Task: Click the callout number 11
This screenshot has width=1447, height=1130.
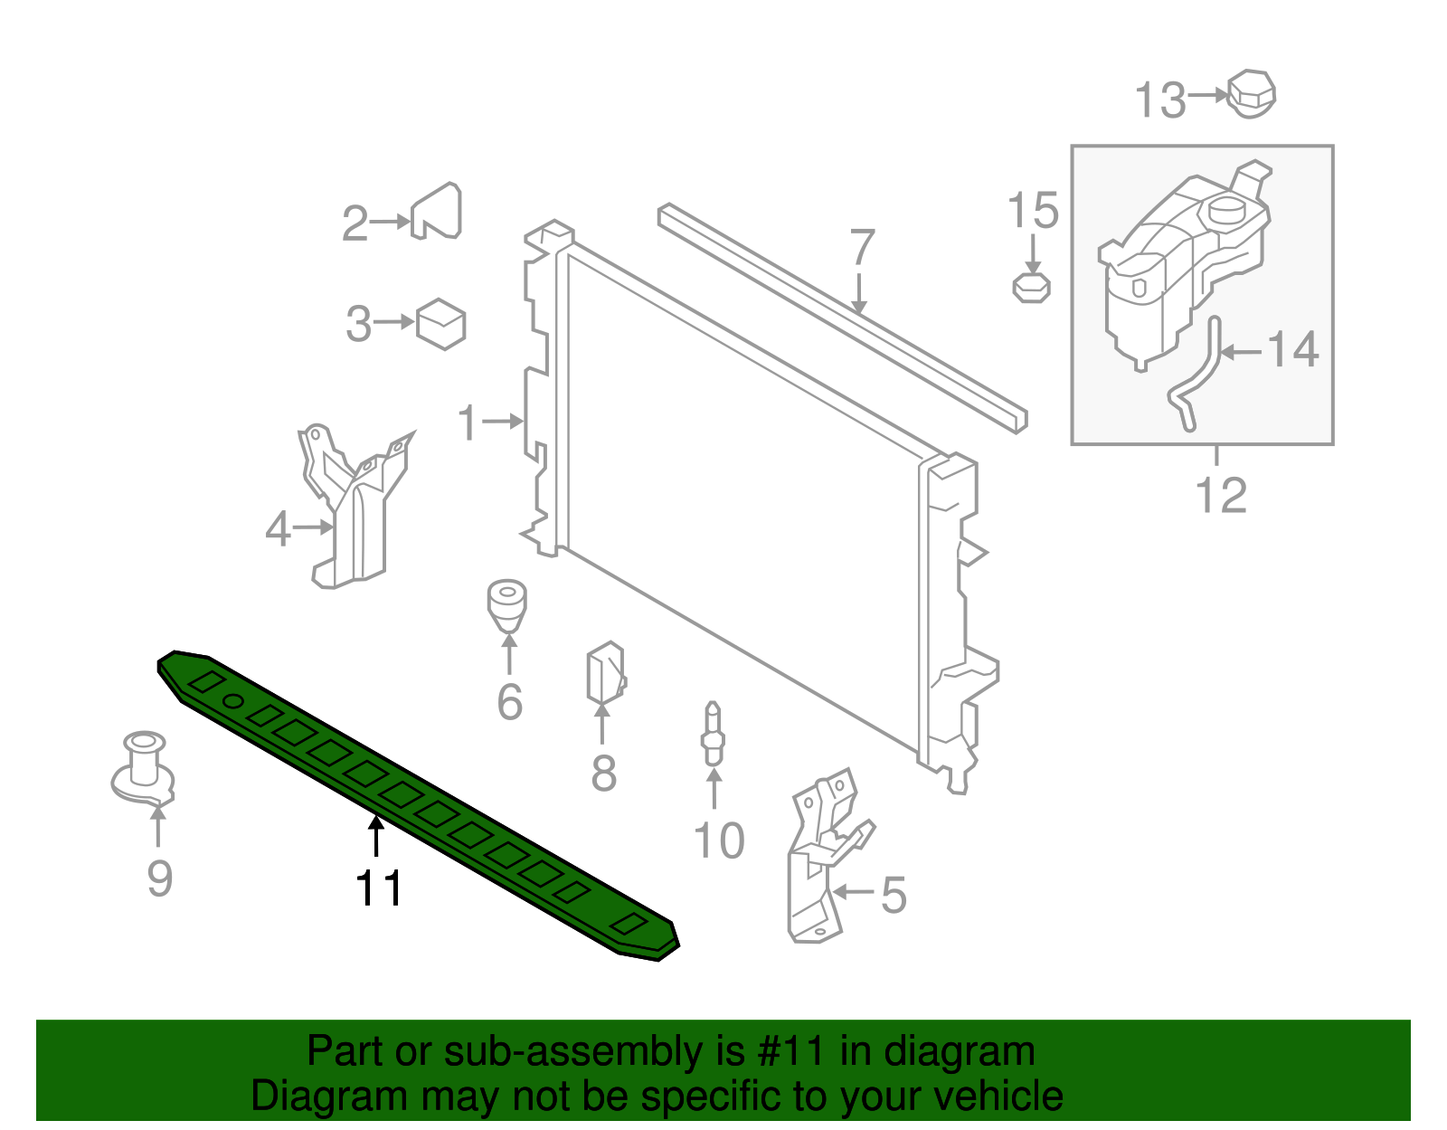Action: tap(379, 888)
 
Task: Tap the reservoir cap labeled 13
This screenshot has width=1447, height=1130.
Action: tap(1253, 93)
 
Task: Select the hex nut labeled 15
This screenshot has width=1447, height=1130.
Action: tap(1031, 288)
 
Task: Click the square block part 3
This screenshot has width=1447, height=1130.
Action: tap(441, 324)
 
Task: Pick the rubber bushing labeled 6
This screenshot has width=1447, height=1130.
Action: tap(507, 605)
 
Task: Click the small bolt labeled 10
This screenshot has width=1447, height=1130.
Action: tap(713, 735)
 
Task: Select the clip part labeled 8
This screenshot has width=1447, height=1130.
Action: tap(605, 675)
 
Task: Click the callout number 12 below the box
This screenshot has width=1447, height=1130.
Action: tap(1221, 495)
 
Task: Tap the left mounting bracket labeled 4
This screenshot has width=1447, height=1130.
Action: tap(353, 511)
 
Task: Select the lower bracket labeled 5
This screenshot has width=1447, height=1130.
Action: tap(818, 859)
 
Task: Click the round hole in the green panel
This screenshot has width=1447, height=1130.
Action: tap(233, 701)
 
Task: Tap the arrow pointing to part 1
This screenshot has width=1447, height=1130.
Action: tap(503, 421)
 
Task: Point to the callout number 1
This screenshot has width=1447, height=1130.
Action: tap(467, 423)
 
